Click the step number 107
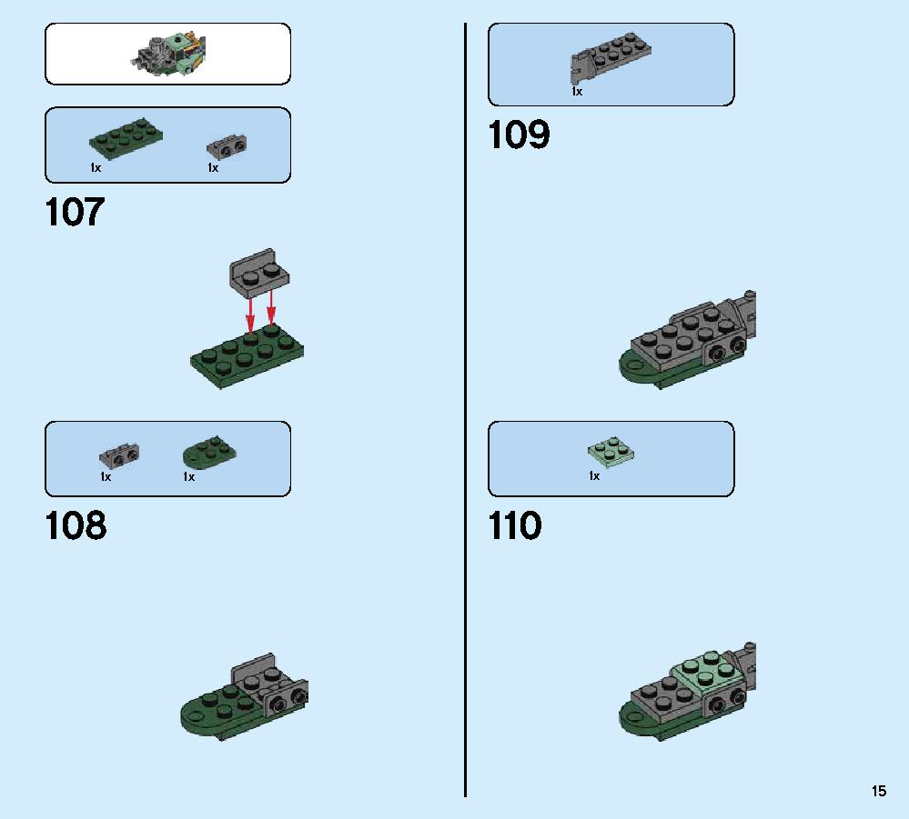click(x=75, y=212)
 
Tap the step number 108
click(x=76, y=525)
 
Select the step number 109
click(x=519, y=135)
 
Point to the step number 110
click(x=515, y=525)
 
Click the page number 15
click(x=879, y=791)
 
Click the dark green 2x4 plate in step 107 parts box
click(x=126, y=136)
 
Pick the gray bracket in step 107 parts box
click(x=227, y=146)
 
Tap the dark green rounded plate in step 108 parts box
click(x=209, y=453)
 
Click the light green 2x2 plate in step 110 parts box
click(x=611, y=453)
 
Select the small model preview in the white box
click(x=168, y=54)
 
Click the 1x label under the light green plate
click(x=594, y=476)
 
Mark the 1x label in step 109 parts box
click(x=577, y=92)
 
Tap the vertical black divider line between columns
click(x=465, y=410)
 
